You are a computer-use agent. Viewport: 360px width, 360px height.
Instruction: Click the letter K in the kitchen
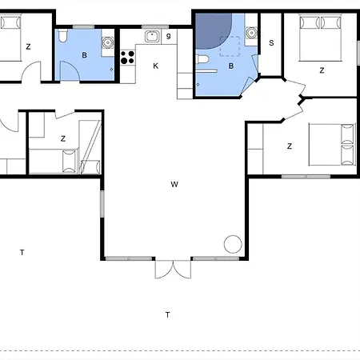point(156,66)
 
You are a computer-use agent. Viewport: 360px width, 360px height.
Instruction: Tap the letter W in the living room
point(174,184)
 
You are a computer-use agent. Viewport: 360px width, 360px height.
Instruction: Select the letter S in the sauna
point(271,43)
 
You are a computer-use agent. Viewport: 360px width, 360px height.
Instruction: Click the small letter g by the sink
point(169,36)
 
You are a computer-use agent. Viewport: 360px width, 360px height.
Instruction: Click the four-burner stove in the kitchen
point(127,58)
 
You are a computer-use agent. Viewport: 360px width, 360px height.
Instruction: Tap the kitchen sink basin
point(152,36)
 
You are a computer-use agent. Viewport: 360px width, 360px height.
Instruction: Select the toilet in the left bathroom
point(63,36)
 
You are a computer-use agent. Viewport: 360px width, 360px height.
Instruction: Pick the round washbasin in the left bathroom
point(108,42)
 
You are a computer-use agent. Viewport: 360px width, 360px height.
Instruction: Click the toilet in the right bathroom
point(202,59)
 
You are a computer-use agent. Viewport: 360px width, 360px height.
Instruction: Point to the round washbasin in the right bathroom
point(251,33)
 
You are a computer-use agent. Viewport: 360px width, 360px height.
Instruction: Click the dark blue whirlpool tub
point(214,31)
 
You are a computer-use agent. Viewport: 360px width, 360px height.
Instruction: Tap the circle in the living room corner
point(233,244)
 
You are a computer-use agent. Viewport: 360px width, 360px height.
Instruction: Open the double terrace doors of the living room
point(173,270)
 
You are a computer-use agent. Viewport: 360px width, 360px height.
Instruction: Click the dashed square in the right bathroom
point(230,46)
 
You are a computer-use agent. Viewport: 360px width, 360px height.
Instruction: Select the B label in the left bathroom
point(84,55)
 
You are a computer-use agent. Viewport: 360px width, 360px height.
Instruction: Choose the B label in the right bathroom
point(231,66)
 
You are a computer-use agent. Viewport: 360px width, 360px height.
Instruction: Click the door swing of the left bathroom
point(70,70)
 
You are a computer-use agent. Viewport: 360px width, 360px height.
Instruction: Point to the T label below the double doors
point(167,315)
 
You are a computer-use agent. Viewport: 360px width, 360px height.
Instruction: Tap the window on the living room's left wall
point(102,204)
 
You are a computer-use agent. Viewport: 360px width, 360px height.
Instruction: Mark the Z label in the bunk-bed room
point(63,138)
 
